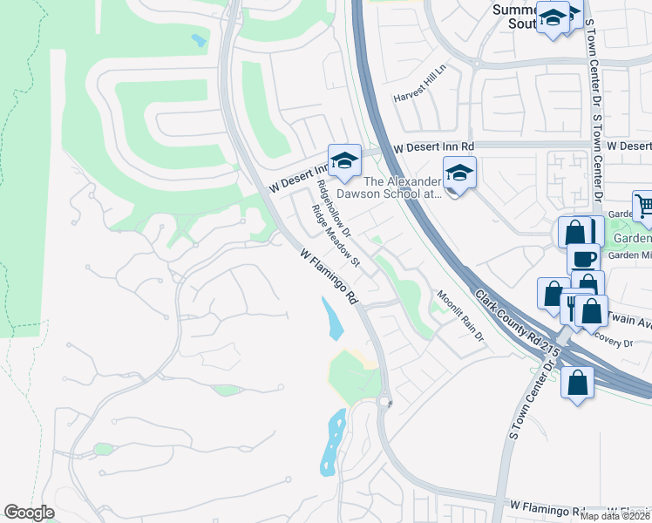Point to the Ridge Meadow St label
336,236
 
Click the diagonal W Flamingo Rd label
329,276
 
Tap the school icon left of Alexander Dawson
344,160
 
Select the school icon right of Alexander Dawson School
459,173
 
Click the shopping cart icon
644,207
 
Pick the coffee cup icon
583,258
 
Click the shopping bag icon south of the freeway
577,382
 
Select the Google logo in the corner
29,513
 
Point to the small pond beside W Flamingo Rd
332,319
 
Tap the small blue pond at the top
199,40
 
